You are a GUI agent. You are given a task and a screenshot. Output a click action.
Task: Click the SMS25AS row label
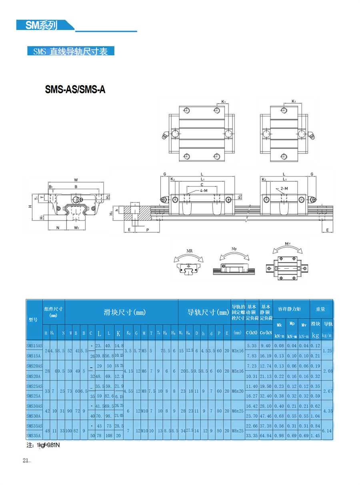34,386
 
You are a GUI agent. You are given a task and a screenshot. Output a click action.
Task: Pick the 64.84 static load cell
266,435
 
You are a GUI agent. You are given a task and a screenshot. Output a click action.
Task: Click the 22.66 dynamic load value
252,426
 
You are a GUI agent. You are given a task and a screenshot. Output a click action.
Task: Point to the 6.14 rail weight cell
327,431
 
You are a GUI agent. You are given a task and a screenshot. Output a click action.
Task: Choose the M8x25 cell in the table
238,431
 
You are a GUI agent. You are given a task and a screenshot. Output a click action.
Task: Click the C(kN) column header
252,333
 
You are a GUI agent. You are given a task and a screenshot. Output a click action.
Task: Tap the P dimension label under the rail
147,230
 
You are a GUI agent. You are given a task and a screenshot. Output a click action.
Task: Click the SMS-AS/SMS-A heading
75,90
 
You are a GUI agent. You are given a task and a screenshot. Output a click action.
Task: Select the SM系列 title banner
42,25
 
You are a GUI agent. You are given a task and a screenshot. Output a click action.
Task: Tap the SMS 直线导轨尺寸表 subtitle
71,51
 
